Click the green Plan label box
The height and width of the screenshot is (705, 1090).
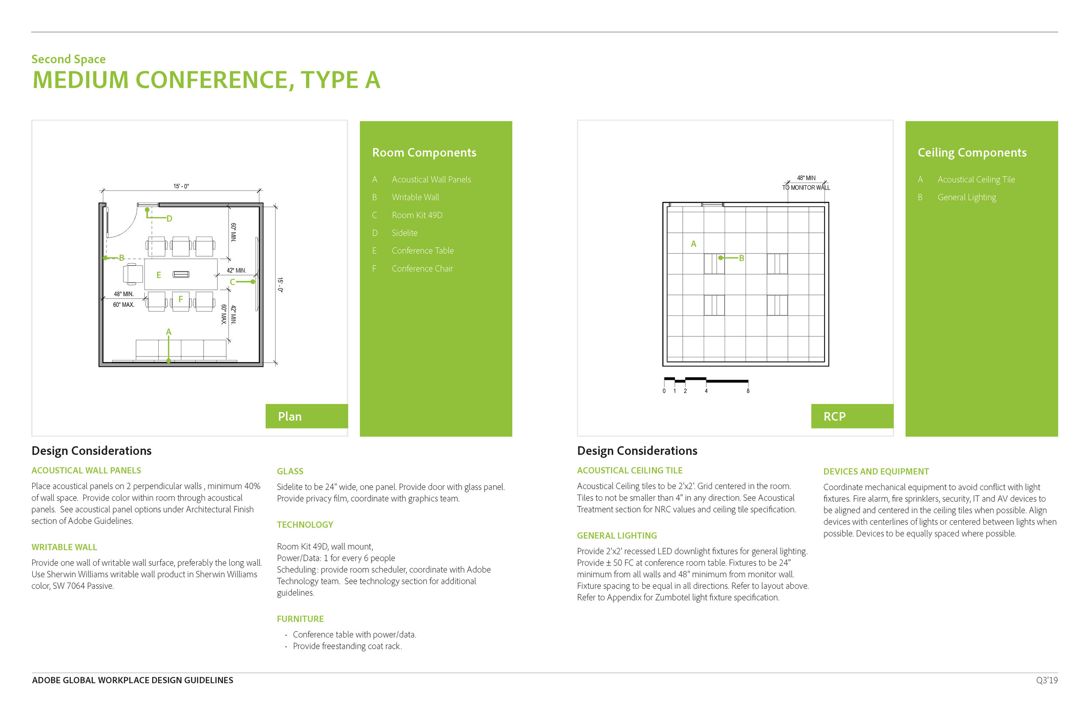pyautogui.click(x=307, y=416)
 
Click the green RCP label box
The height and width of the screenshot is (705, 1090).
pyautogui.click(x=852, y=416)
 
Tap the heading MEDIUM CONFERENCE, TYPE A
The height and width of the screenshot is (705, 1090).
pyautogui.click(x=206, y=80)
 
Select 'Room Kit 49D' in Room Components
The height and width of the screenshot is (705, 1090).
pyautogui.click(x=417, y=215)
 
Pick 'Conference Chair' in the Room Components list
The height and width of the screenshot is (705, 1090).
pyautogui.click(x=422, y=269)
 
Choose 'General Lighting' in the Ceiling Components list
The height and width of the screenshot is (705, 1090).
pyautogui.click(x=966, y=197)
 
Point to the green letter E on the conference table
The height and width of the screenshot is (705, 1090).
pyautogui.click(x=159, y=275)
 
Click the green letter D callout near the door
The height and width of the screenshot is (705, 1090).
pyautogui.click(x=170, y=219)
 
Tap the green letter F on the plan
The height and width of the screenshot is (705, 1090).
pyautogui.click(x=181, y=299)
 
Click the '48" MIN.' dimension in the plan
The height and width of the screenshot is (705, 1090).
pyautogui.click(x=124, y=295)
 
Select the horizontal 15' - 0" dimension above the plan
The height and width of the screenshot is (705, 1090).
pyautogui.click(x=181, y=186)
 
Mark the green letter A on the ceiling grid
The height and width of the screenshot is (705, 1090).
pyautogui.click(x=693, y=244)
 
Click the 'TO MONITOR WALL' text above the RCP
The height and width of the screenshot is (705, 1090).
pyautogui.click(x=806, y=188)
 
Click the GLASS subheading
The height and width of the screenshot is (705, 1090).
pyautogui.click(x=290, y=471)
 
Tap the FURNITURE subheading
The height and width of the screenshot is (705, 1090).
pyautogui.click(x=300, y=619)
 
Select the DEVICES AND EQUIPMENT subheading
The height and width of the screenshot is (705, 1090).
pyautogui.click(x=875, y=471)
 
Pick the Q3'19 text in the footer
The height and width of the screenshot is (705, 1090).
pyautogui.click(x=1047, y=680)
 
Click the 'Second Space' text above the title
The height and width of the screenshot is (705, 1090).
pyautogui.click(x=69, y=59)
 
